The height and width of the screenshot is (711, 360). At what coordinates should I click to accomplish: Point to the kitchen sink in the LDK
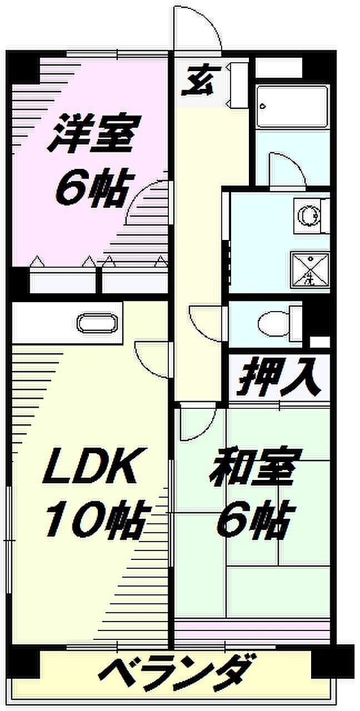tap(97, 322)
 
